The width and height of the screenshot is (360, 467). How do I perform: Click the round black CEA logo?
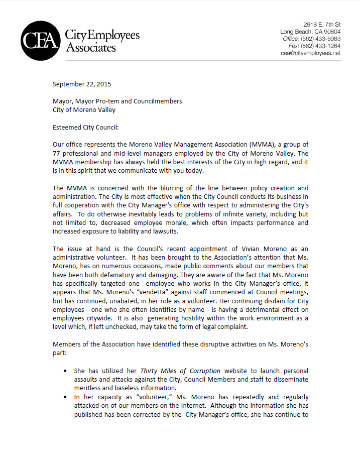tap(41, 41)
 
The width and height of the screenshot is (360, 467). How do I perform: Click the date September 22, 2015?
tap(82, 84)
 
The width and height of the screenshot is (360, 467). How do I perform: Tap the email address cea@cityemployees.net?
tap(311, 53)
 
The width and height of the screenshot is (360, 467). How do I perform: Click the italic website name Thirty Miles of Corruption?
tap(180, 371)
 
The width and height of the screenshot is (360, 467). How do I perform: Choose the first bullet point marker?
tap(67, 371)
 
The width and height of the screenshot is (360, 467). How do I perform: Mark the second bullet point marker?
tap(67, 397)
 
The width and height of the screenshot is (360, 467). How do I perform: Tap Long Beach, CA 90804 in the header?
tap(310, 32)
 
